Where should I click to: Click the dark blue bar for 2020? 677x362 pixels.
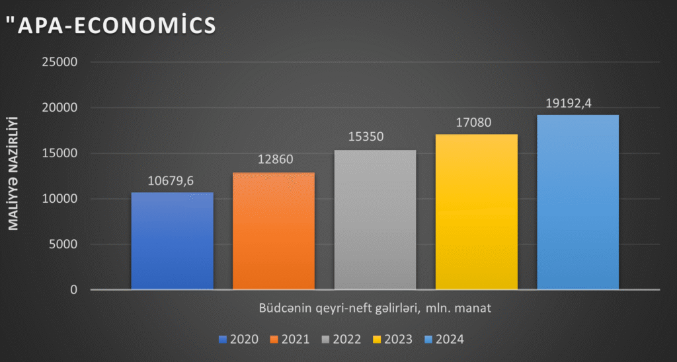pos(172,241)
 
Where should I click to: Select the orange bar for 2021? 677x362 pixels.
pos(274,231)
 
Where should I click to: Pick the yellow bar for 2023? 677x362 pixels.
pos(476,212)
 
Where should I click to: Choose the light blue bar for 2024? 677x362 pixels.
pos(577,202)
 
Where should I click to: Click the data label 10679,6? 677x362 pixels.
pos(172,180)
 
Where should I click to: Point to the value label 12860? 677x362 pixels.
pos(274,160)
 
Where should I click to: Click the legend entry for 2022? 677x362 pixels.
pos(340,340)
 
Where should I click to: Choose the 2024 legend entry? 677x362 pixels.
pos(443,340)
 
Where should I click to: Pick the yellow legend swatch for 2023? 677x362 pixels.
pos(377,340)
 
